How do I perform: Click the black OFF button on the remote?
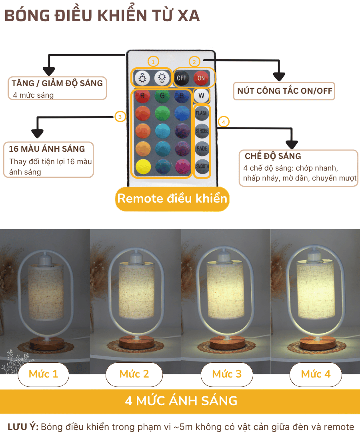(181, 78)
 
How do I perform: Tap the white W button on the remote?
(201, 96)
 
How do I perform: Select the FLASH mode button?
(202, 113)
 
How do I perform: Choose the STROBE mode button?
(202, 131)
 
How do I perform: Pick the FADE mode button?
(202, 148)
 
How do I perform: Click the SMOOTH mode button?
(202, 166)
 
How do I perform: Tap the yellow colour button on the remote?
(143, 167)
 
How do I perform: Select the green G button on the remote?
(162, 96)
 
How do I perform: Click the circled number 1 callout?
(153, 62)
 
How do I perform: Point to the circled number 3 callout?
(120, 117)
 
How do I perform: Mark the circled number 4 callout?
(224, 122)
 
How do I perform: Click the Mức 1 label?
(43, 374)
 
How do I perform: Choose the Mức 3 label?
(227, 374)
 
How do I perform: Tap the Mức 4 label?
(316, 374)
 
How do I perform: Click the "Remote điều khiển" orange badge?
(172, 199)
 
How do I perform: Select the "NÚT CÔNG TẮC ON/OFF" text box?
(284, 91)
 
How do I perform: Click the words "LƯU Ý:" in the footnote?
(23, 427)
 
